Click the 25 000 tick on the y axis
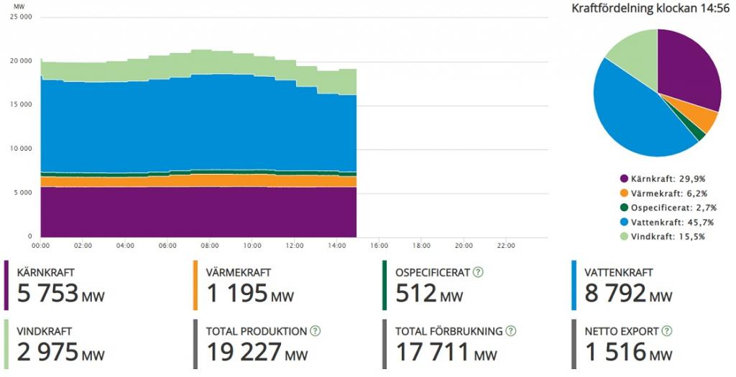click(x=22, y=17)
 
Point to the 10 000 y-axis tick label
click(x=22, y=149)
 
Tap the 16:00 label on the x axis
click(x=379, y=245)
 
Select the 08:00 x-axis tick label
click(x=210, y=245)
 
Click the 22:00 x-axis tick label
click(x=506, y=245)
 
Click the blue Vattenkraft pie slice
click(x=636, y=115)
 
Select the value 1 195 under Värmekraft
click(x=236, y=293)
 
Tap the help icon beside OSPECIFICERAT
click(x=478, y=272)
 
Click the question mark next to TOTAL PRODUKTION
click(x=315, y=331)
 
